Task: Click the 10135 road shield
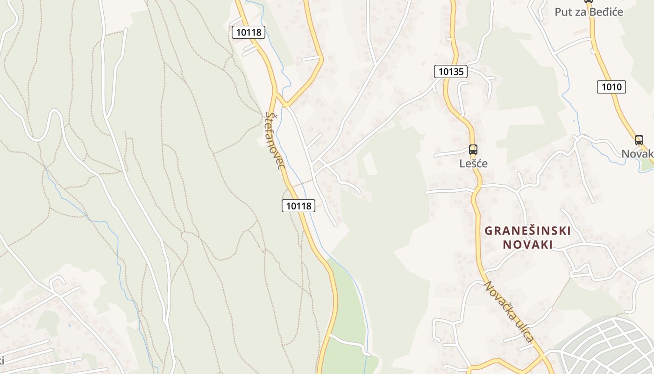point(451,72)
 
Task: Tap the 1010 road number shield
point(611,87)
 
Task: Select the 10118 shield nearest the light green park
point(299,205)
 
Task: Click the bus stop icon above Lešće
point(473,150)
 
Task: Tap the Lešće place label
point(473,164)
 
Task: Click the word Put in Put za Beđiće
point(562,12)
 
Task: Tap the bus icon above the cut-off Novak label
point(639,140)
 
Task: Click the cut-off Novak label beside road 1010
point(637,154)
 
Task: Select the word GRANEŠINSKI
point(527,230)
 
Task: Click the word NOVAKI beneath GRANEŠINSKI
point(527,245)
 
